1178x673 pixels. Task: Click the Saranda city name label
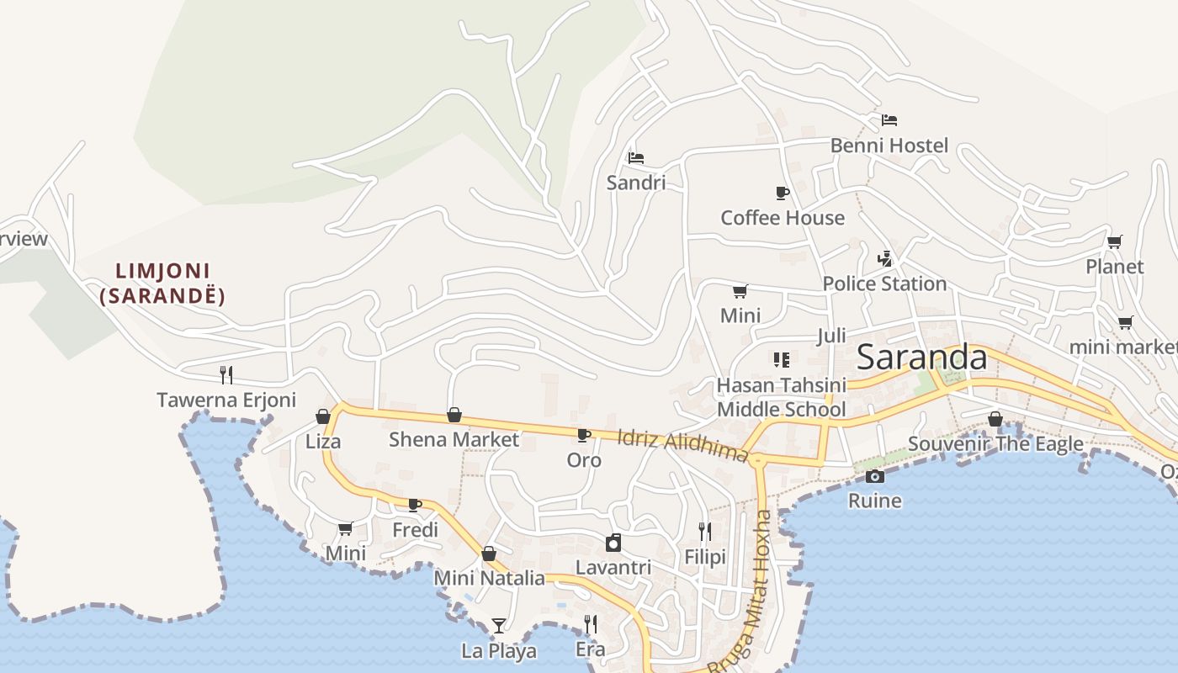[x=921, y=358]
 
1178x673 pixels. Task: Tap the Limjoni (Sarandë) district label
[x=162, y=284]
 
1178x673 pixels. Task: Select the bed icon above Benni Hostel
[x=889, y=120]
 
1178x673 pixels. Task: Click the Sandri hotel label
[x=636, y=183]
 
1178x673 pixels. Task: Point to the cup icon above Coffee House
[x=782, y=193]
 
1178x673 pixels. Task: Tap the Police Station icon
[x=884, y=259]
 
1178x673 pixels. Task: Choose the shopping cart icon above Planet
[x=1114, y=242]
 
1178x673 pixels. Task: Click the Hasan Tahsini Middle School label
[x=781, y=397]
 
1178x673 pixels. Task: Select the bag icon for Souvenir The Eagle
[x=995, y=419]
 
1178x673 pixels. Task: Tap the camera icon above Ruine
[x=875, y=477]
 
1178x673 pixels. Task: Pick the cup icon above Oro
[x=583, y=435]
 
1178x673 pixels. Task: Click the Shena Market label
[x=454, y=439]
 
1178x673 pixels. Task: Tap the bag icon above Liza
[x=322, y=416]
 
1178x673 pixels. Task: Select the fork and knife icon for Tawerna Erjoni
[x=226, y=375]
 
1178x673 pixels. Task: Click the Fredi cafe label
[x=415, y=530]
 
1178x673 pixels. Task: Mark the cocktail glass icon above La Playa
[x=499, y=626]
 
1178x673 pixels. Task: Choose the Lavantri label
[x=613, y=567]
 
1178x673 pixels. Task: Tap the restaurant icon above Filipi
[x=705, y=532]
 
